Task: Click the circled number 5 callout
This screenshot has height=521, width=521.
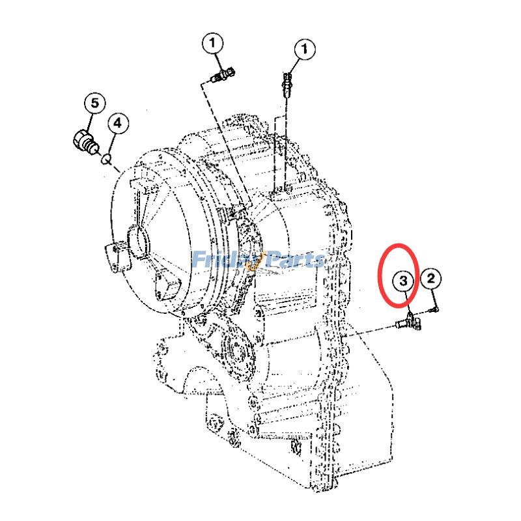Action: point(94,103)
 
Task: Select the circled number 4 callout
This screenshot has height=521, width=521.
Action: point(118,122)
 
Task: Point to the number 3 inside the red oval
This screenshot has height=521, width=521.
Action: point(404,281)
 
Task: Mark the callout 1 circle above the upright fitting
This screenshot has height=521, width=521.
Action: point(304,49)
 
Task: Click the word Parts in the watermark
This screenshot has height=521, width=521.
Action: point(293,260)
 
